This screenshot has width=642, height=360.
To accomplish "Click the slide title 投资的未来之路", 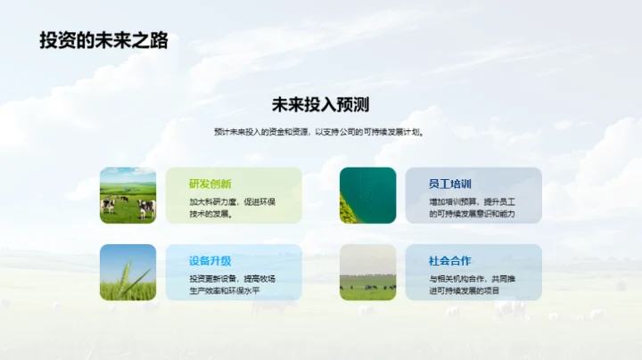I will click(x=104, y=40).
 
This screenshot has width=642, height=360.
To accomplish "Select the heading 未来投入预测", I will click(x=320, y=104).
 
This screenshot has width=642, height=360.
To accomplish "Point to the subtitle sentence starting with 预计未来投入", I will click(x=320, y=132).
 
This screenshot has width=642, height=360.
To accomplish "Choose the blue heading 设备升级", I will click(x=210, y=261).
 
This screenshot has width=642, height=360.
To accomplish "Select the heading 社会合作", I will click(x=449, y=261).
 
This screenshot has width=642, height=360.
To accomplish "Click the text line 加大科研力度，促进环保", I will click(x=232, y=201).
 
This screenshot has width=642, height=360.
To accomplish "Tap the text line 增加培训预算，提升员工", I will click(x=472, y=201).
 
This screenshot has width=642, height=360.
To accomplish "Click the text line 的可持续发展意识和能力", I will click(x=472, y=214).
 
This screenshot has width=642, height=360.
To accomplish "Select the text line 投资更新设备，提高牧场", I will click(x=232, y=279).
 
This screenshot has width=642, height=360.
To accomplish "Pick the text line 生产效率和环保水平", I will click(x=226, y=291).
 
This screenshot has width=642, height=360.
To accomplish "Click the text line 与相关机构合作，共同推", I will click(x=472, y=279).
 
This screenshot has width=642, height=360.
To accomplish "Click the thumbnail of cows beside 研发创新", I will click(x=128, y=195).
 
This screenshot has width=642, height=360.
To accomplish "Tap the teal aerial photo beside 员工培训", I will click(x=367, y=195).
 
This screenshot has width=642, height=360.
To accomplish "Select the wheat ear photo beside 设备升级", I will click(x=128, y=272).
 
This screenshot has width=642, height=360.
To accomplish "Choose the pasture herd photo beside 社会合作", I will click(x=367, y=272).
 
